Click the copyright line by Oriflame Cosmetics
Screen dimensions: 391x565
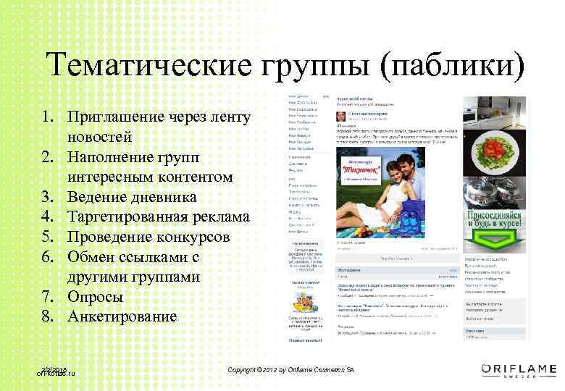coord(290,370)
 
